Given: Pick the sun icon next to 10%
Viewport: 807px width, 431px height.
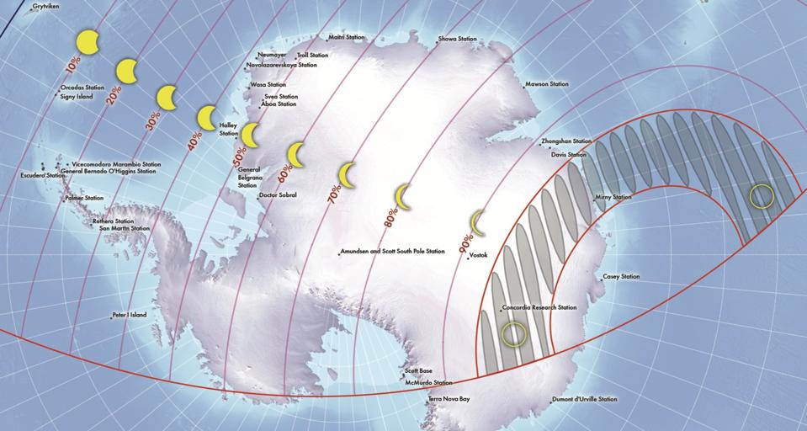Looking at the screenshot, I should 88,41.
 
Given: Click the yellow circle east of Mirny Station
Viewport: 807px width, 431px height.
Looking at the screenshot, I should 762,197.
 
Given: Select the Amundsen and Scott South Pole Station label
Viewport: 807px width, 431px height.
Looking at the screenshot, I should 392,251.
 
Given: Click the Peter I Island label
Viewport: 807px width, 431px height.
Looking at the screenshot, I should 130,315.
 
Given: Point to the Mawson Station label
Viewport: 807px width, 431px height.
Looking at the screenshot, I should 546,84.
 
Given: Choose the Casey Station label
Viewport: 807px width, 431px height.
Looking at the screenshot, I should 621,276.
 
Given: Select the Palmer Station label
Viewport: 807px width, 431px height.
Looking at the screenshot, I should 84,198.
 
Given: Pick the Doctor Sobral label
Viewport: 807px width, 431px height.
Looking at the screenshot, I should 278,195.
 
